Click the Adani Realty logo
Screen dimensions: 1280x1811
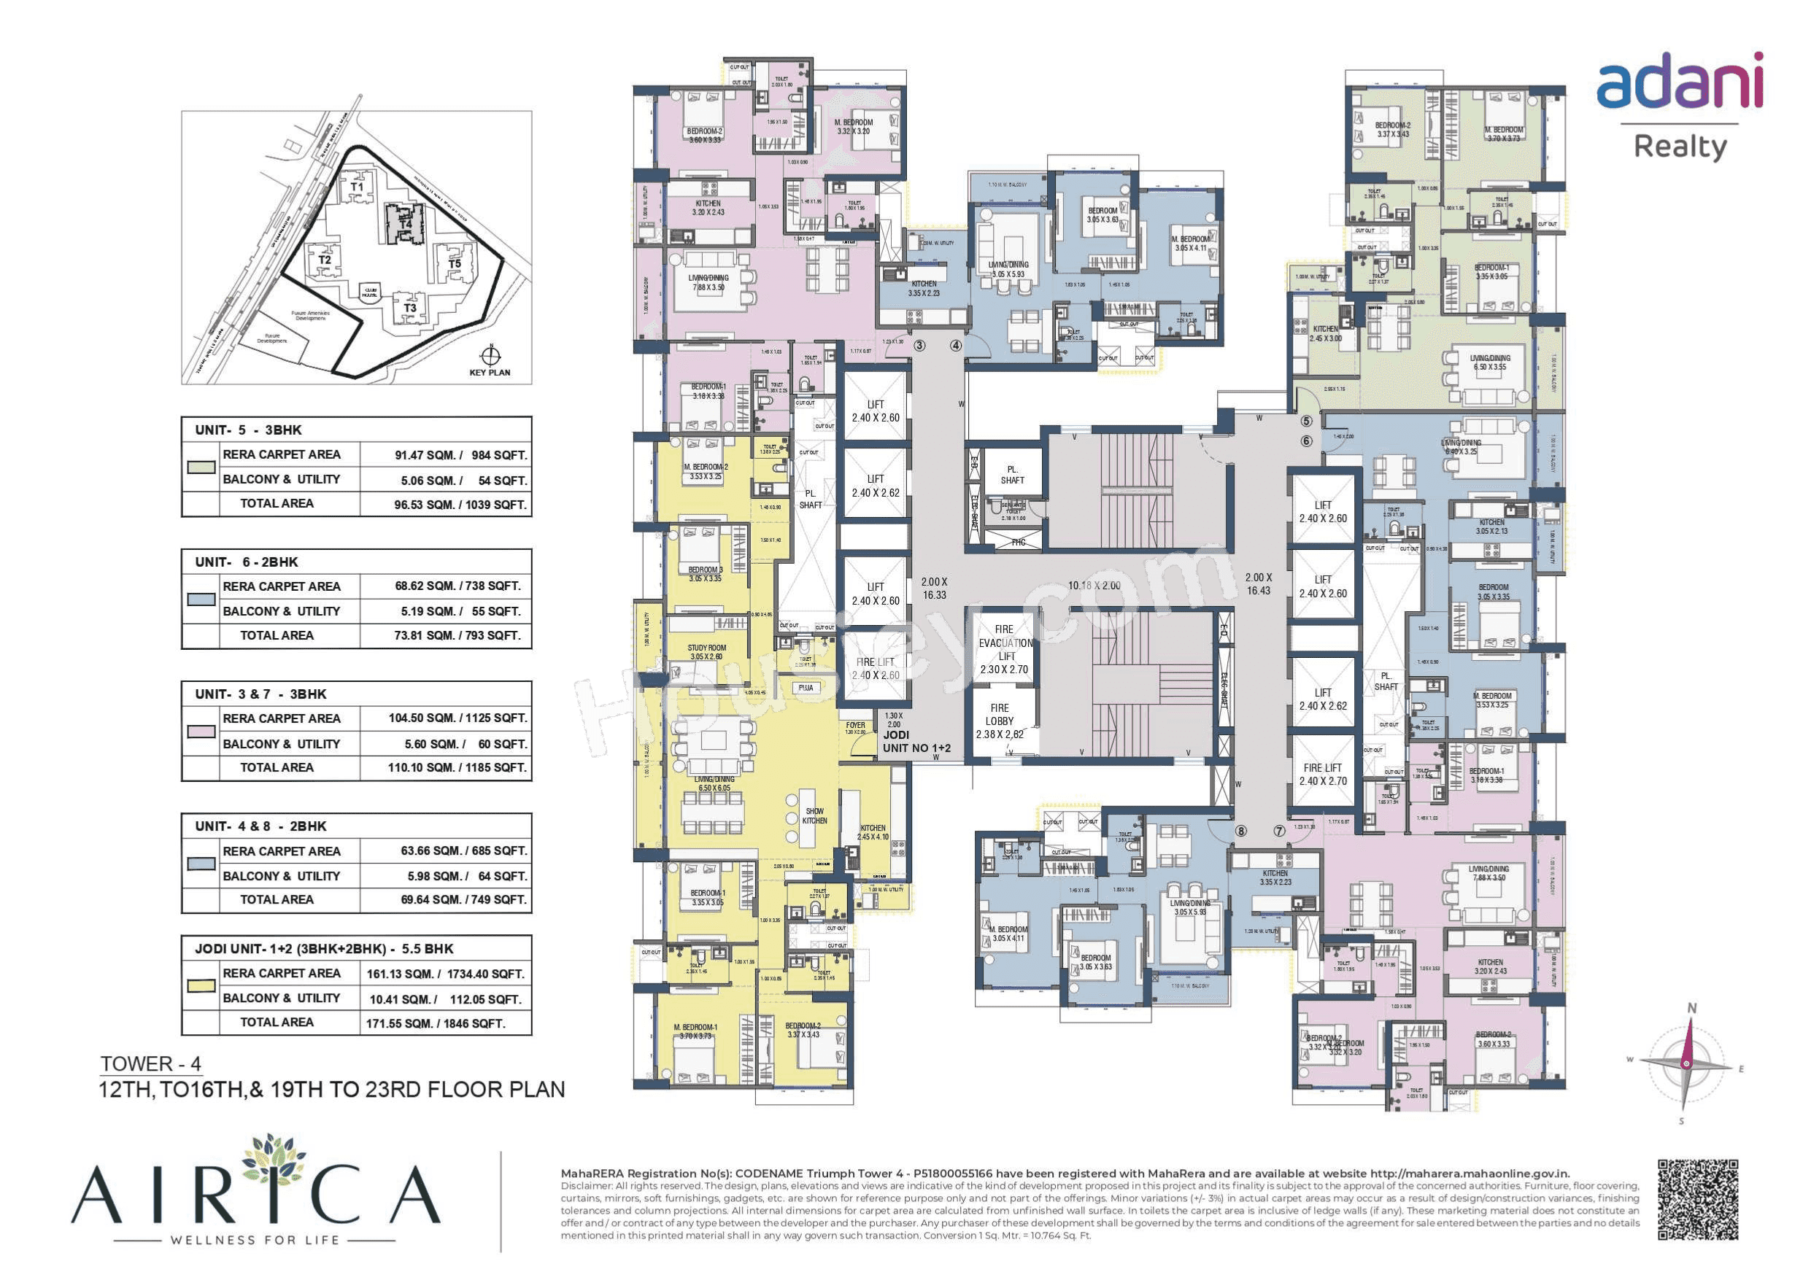[1680, 106]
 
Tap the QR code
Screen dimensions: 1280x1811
[1697, 1199]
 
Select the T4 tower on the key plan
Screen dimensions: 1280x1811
[405, 223]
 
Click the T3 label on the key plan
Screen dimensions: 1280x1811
[410, 309]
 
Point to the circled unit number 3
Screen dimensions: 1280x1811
[919, 346]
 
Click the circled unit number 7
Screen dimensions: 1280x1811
[1279, 831]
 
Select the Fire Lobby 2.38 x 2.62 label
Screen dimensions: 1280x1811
[1000, 721]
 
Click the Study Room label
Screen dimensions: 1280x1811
[707, 651]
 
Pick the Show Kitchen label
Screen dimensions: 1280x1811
[815, 815]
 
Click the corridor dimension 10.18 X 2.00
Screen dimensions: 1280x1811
[1094, 585]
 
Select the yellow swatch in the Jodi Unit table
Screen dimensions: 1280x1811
[201, 986]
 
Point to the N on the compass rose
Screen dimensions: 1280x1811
[1691, 1008]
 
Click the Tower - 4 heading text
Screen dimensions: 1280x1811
[150, 1063]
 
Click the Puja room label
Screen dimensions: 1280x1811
[806, 688]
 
